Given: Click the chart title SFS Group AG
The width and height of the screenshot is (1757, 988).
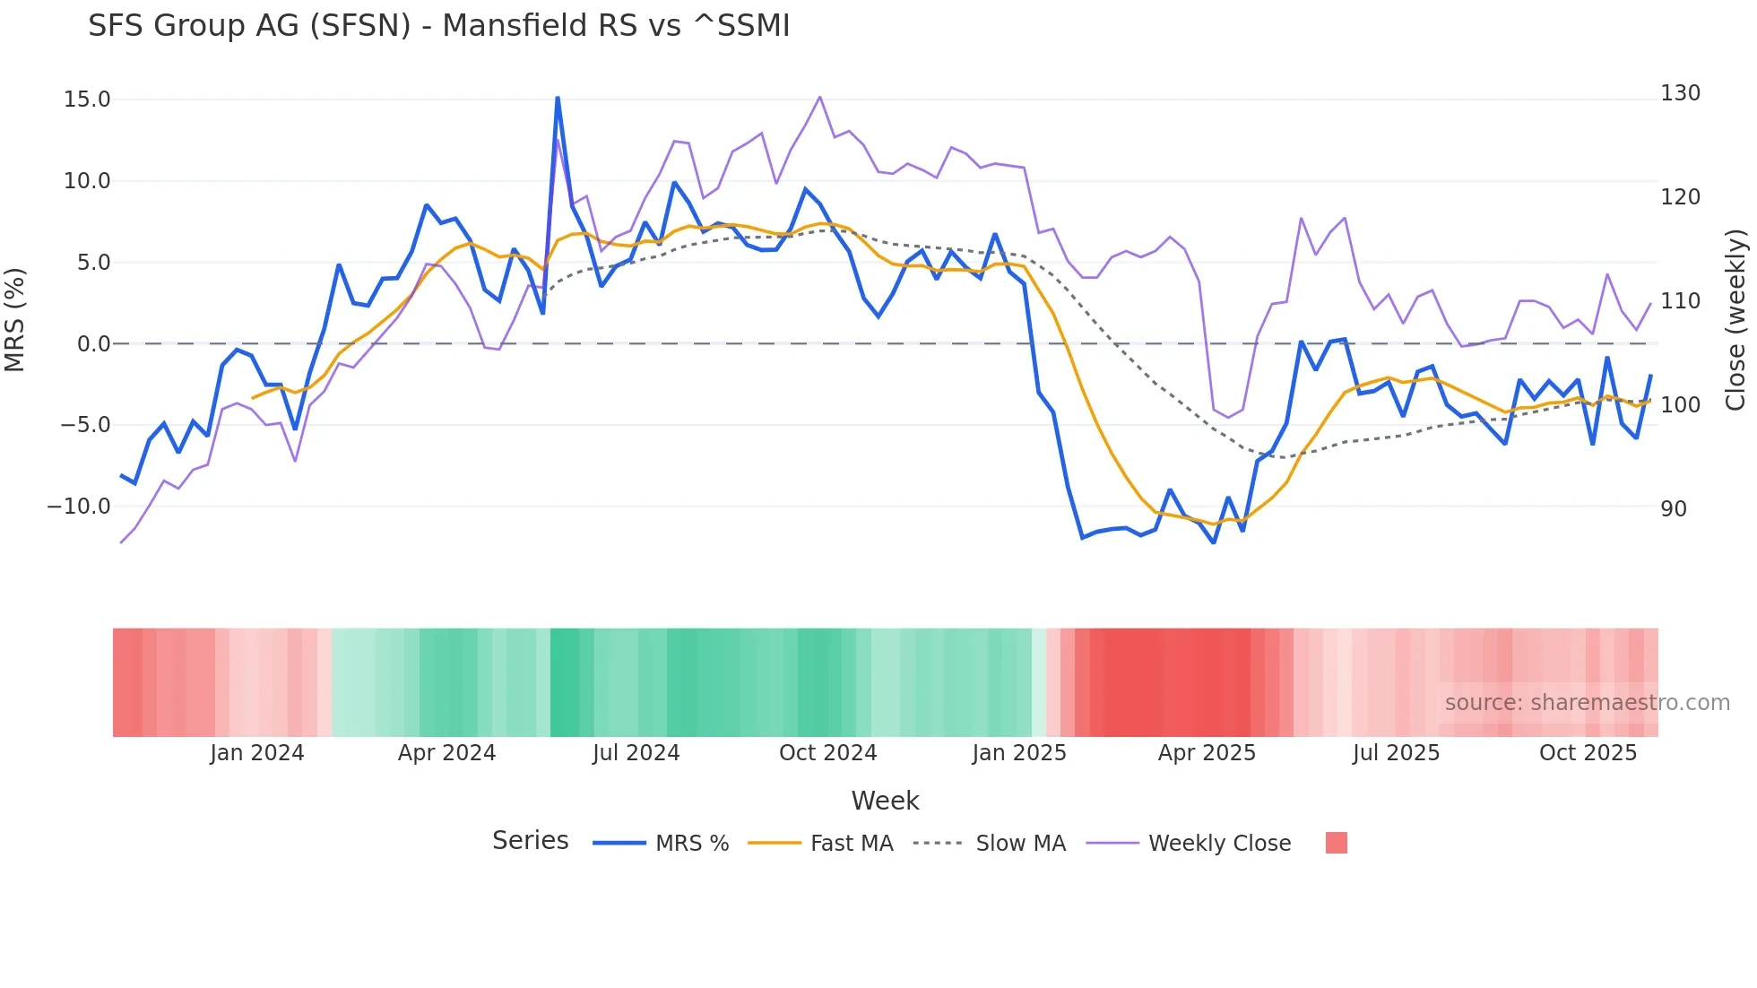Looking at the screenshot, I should (438, 26).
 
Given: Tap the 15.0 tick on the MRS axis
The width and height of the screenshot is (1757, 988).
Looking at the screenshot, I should (87, 100).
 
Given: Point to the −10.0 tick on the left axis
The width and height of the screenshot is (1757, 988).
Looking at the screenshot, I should (79, 507).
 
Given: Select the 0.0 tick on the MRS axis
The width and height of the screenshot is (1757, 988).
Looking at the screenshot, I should (94, 344).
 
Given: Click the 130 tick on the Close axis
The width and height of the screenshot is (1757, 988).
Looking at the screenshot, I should (1680, 93).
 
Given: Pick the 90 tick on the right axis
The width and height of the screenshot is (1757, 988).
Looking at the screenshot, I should (1674, 509).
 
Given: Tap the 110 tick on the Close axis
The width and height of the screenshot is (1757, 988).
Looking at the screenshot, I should (1680, 301).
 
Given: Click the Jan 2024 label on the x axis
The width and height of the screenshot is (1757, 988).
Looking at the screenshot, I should (257, 753).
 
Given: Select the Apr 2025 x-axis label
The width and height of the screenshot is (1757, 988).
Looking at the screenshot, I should (1207, 753).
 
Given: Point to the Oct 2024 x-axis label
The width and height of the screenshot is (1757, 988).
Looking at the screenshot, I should (827, 753).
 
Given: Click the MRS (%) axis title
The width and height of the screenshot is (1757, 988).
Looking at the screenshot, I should (15, 319).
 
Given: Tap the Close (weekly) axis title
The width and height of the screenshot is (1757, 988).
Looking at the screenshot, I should (1736, 319).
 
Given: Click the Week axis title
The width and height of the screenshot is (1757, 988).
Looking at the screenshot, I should (885, 801).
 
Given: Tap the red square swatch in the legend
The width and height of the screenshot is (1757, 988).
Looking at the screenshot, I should (1336, 843).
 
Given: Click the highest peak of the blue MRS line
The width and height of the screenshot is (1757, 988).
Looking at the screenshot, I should (558, 98).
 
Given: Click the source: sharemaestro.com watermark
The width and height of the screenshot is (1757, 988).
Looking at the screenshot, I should (1587, 703).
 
